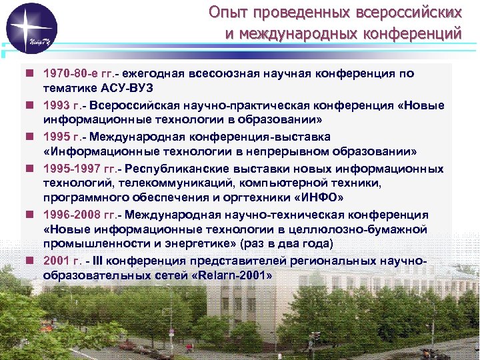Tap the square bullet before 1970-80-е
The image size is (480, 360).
(x=31, y=73)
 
